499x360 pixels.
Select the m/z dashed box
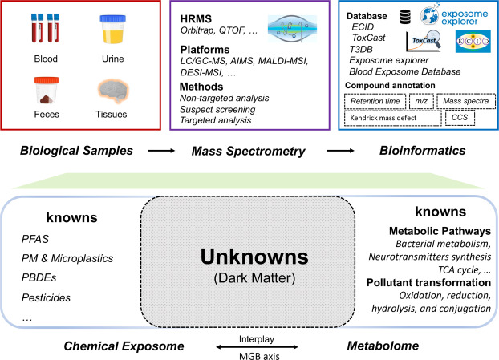421,102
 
